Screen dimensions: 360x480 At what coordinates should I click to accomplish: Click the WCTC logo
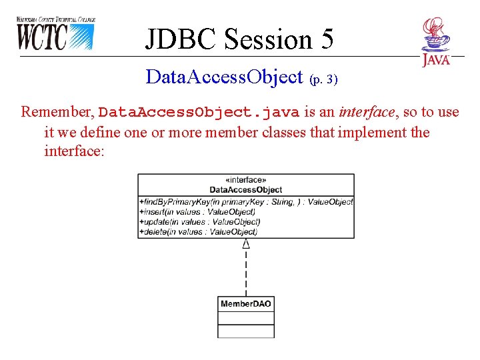click(55, 33)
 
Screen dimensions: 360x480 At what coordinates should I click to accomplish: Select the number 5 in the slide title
click(325, 39)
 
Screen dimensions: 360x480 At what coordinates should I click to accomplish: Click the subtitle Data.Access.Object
click(224, 77)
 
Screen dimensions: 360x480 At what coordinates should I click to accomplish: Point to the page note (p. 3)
click(324, 79)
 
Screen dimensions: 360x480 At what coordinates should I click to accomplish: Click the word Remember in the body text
click(57, 112)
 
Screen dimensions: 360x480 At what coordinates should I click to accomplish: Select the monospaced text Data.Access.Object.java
click(199, 112)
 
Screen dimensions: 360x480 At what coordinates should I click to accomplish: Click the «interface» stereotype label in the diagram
click(246, 180)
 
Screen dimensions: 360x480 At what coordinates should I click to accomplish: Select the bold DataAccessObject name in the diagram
click(246, 190)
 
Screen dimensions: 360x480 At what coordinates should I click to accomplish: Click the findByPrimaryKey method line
click(246, 202)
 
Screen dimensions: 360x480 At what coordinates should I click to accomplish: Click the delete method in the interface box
click(198, 231)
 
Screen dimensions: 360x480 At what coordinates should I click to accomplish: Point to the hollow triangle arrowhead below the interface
click(246, 244)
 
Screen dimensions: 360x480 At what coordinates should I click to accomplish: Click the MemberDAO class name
click(246, 304)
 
